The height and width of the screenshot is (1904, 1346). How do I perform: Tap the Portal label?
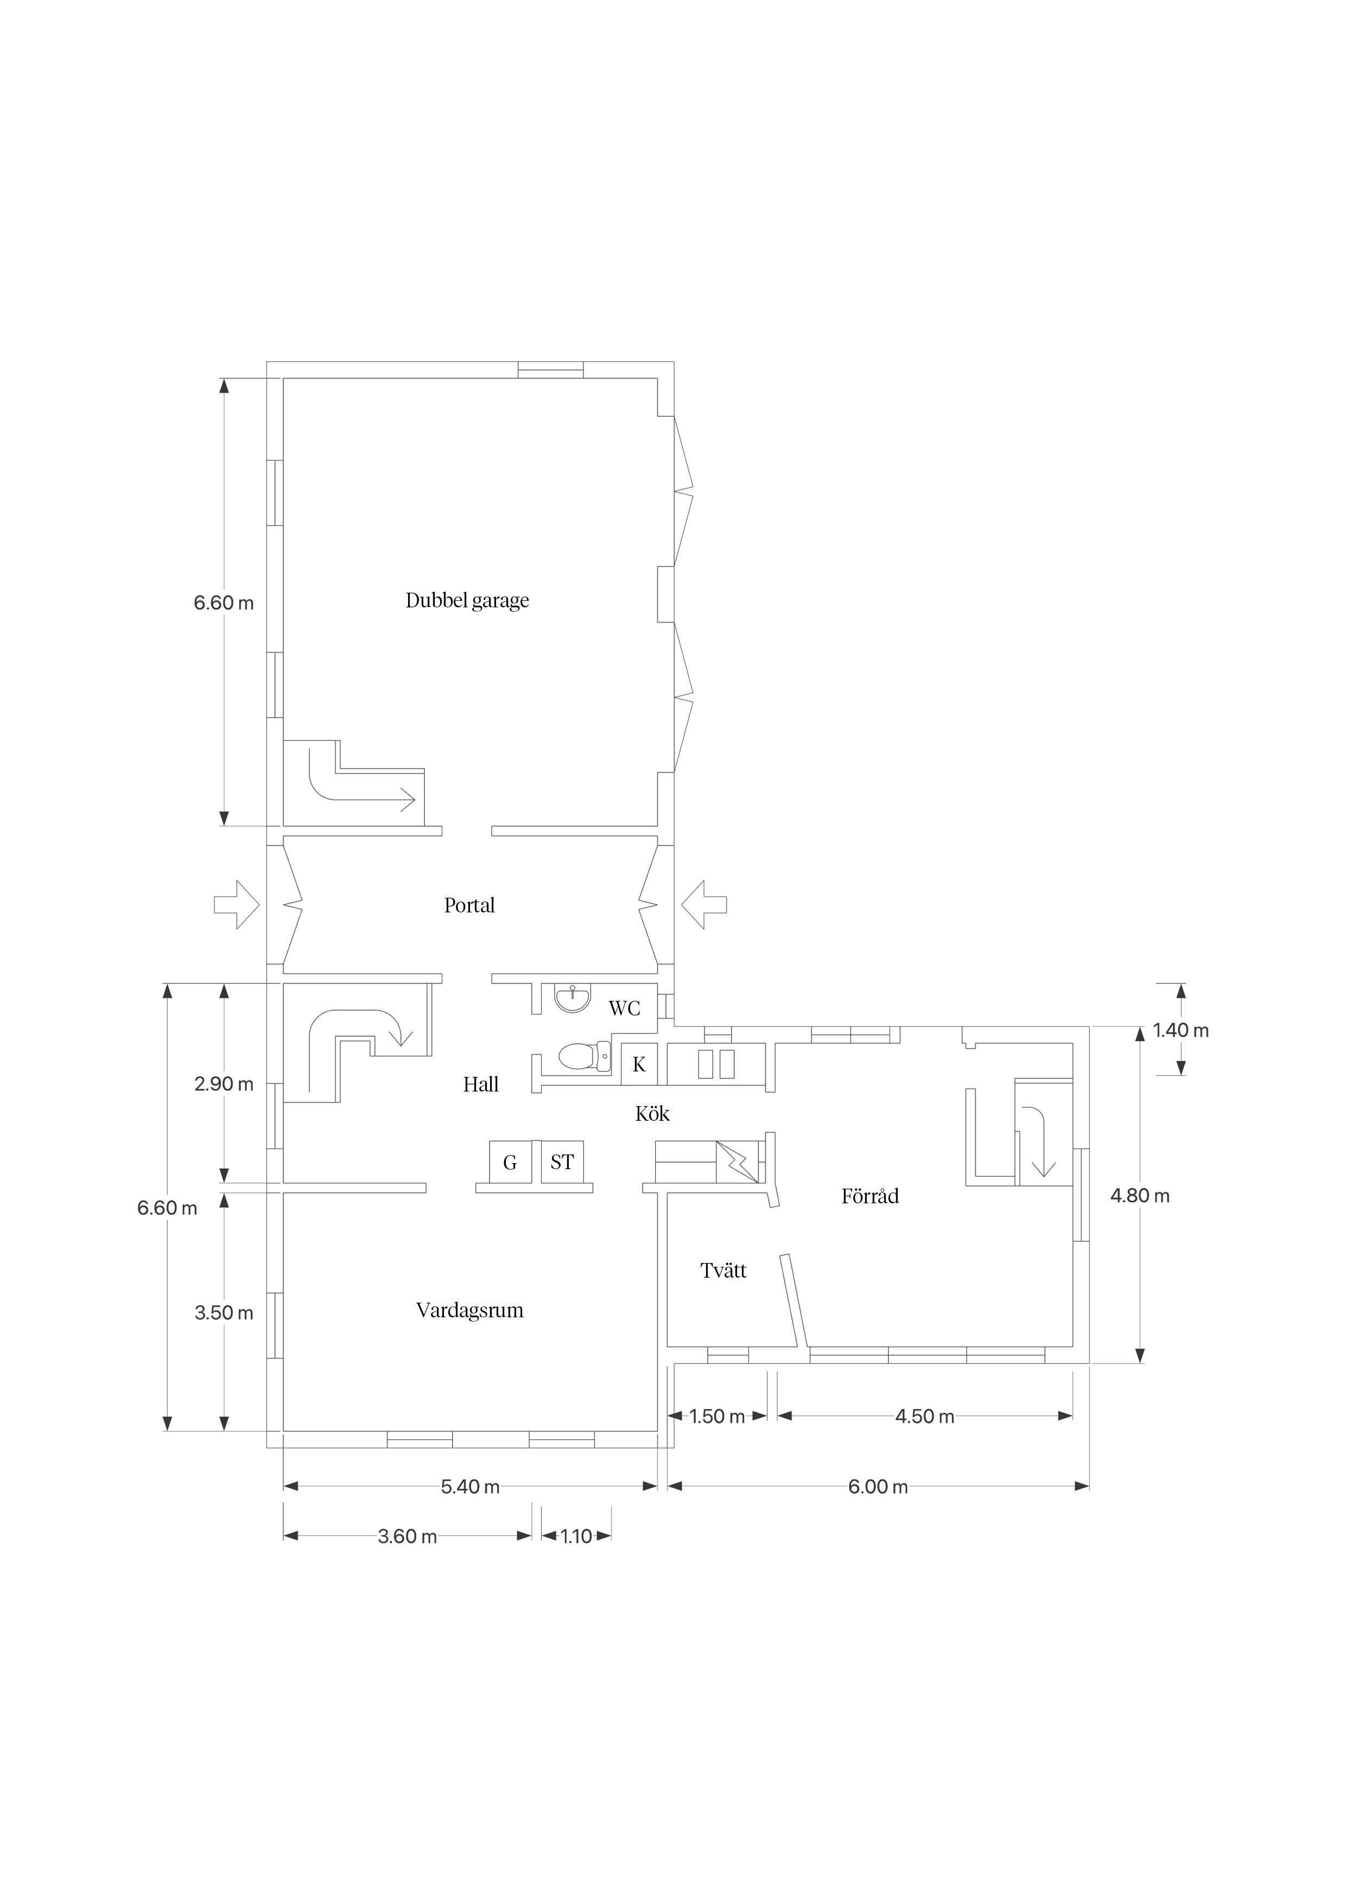pyautogui.click(x=469, y=905)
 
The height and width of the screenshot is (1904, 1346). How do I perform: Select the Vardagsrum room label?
pyautogui.click(x=469, y=1310)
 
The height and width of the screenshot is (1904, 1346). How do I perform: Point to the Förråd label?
pyautogui.click(x=870, y=1195)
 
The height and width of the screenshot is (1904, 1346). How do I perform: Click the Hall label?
pyautogui.click(x=481, y=1084)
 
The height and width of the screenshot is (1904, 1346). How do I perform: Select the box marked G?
pyautogui.click(x=510, y=1162)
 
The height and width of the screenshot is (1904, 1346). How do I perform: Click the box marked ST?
pyautogui.click(x=562, y=1162)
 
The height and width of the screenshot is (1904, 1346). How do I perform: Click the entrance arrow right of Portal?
pyautogui.click(x=704, y=905)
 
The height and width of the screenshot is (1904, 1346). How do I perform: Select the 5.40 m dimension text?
pyautogui.click(x=470, y=1487)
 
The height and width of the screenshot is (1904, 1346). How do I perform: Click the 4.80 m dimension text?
pyautogui.click(x=1140, y=1195)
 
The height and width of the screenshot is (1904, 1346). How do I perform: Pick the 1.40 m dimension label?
pyautogui.click(x=1181, y=1030)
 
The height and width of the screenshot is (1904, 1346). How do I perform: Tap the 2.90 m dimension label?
pyautogui.click(x=224, y=1084)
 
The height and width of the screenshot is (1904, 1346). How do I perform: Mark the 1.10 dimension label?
pyautogui.click(x=576, y=1536)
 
